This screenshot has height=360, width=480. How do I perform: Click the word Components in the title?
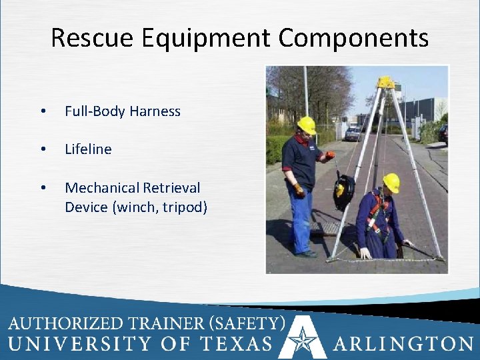(x=353, y=38)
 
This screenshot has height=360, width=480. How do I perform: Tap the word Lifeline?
(x=88, y=149)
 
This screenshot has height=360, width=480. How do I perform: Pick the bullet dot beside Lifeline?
(x=43, y=150)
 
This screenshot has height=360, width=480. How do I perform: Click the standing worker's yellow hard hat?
(x=307, y=125)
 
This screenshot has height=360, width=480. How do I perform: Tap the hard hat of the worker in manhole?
(x=391, y=182)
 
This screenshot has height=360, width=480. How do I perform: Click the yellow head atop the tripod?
(x=385, y=82)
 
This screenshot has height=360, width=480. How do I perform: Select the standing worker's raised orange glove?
(x=329, y=155)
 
